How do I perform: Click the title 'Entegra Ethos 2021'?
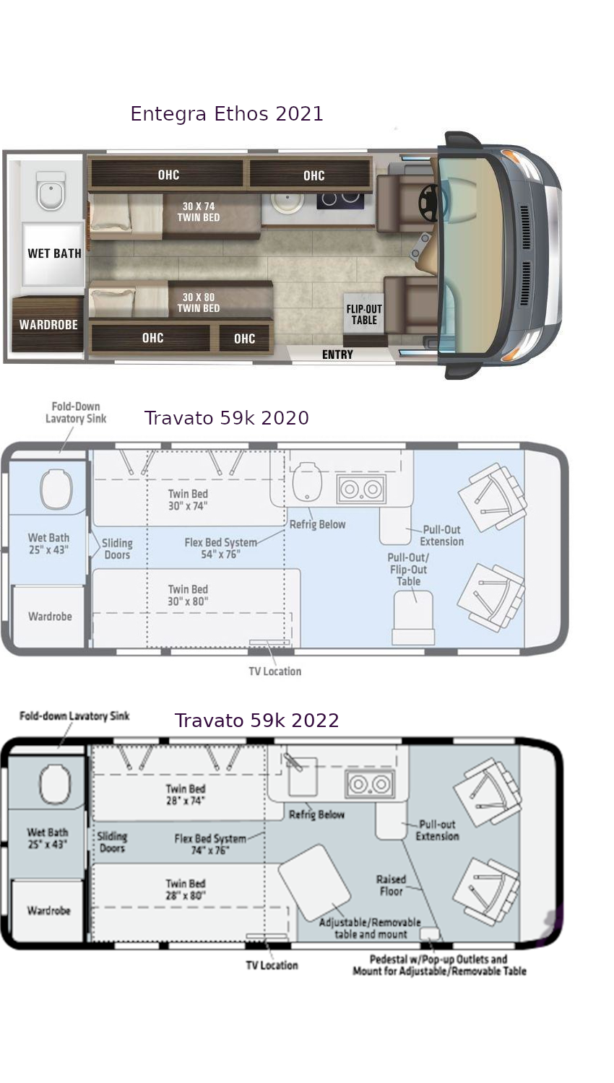click(226, 114)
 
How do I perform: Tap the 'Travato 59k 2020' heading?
click(226, 418)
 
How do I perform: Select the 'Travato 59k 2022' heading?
click(256, 721)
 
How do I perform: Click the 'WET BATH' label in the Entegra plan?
click(54, 253)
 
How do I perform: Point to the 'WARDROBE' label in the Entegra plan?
click(48, 325)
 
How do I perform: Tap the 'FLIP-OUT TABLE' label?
click(364, 315)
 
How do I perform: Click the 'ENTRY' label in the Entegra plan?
click(337, 355)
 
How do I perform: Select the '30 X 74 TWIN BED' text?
click(199, 212)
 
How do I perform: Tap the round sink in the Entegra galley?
click(288, 202)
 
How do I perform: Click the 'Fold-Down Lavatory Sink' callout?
click(76, 412)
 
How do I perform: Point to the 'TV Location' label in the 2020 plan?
click(274, 671)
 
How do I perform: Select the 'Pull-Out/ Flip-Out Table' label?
click(408, 569)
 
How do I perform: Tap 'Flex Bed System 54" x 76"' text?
click(220, 548)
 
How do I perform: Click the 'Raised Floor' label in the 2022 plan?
click(391, 885)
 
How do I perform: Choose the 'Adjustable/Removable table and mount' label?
click(370, 928)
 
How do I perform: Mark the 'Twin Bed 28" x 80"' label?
click(186, 890)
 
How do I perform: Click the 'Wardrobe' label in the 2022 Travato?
click(48, 910)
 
